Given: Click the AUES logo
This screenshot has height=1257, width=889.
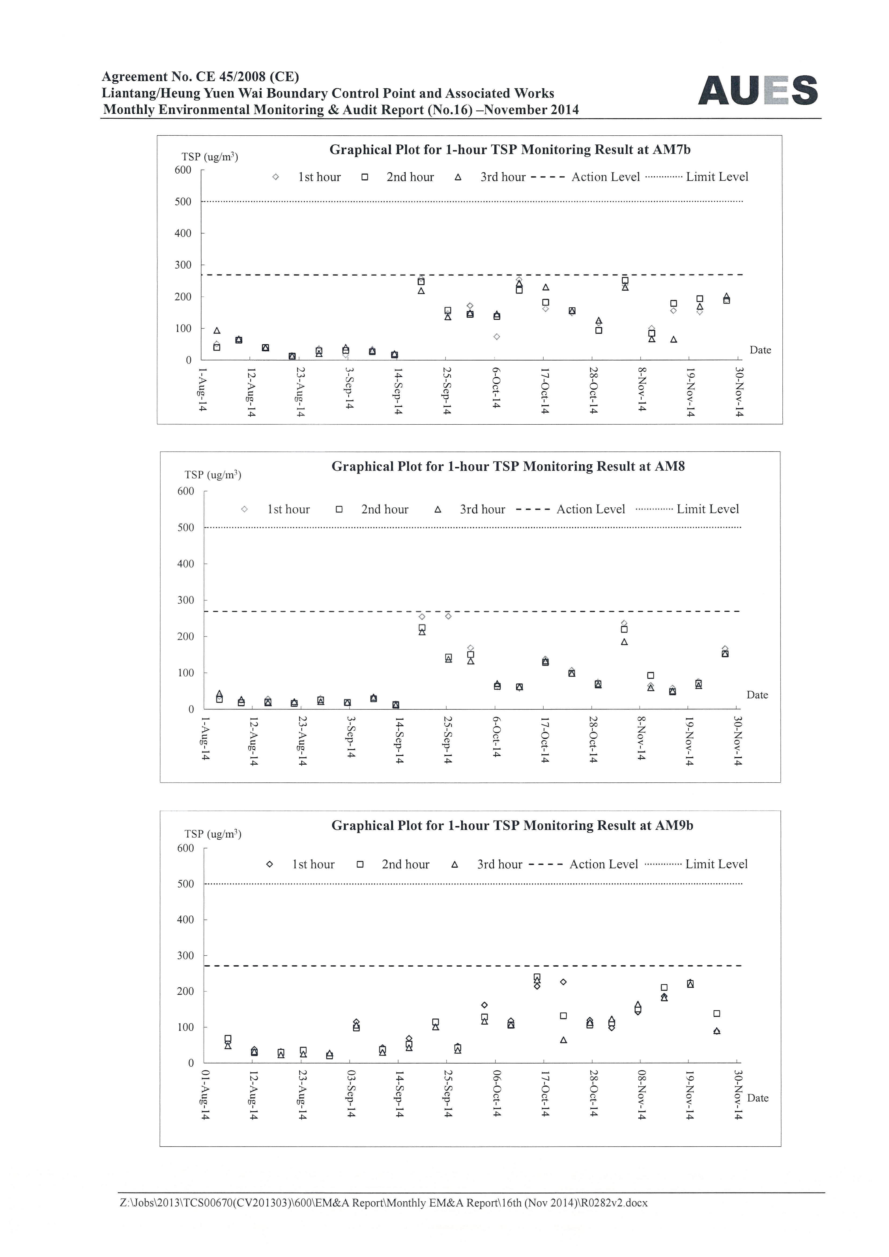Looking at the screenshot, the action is [758, 90].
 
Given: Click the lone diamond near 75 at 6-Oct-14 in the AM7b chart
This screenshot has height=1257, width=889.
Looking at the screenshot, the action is [497, 337].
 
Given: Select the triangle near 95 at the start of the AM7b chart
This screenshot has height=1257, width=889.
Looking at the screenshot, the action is [217, 330].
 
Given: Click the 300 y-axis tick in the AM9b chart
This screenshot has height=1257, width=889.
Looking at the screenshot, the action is [186, 955].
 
